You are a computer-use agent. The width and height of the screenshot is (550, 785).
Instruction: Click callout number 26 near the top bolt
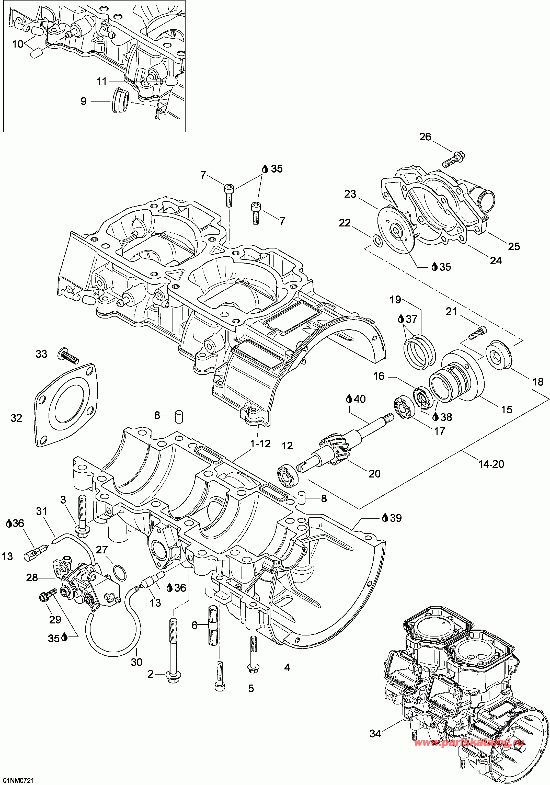(x=425, y=137)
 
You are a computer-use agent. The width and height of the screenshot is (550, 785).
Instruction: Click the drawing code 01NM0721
(x=17, y=781)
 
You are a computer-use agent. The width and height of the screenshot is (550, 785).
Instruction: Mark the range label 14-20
(x=491, y=464)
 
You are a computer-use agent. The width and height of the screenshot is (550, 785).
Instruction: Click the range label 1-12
(x=260, y=443)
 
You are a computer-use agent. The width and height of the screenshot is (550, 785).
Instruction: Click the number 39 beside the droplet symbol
(x=396, y=518)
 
